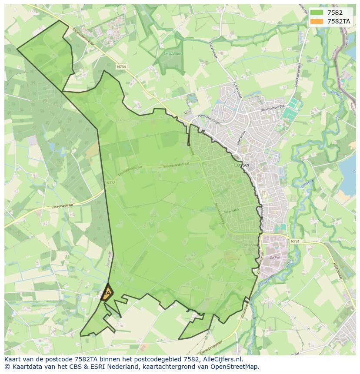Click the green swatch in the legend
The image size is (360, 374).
tap(317, 13)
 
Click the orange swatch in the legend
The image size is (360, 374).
tap(317, 21)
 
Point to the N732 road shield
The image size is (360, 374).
tap(110, 183)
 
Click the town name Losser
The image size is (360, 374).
tap(243, 165)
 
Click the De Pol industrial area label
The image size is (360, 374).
tap(274, 257)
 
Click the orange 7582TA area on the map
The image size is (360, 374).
tap(107, 293)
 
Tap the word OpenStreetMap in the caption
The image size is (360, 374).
tap(237, 367)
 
